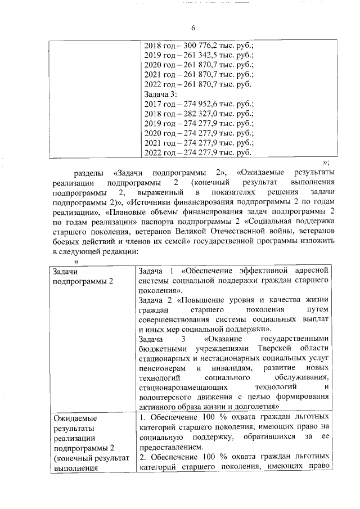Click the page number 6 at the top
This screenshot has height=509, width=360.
(x=192, y=28)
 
